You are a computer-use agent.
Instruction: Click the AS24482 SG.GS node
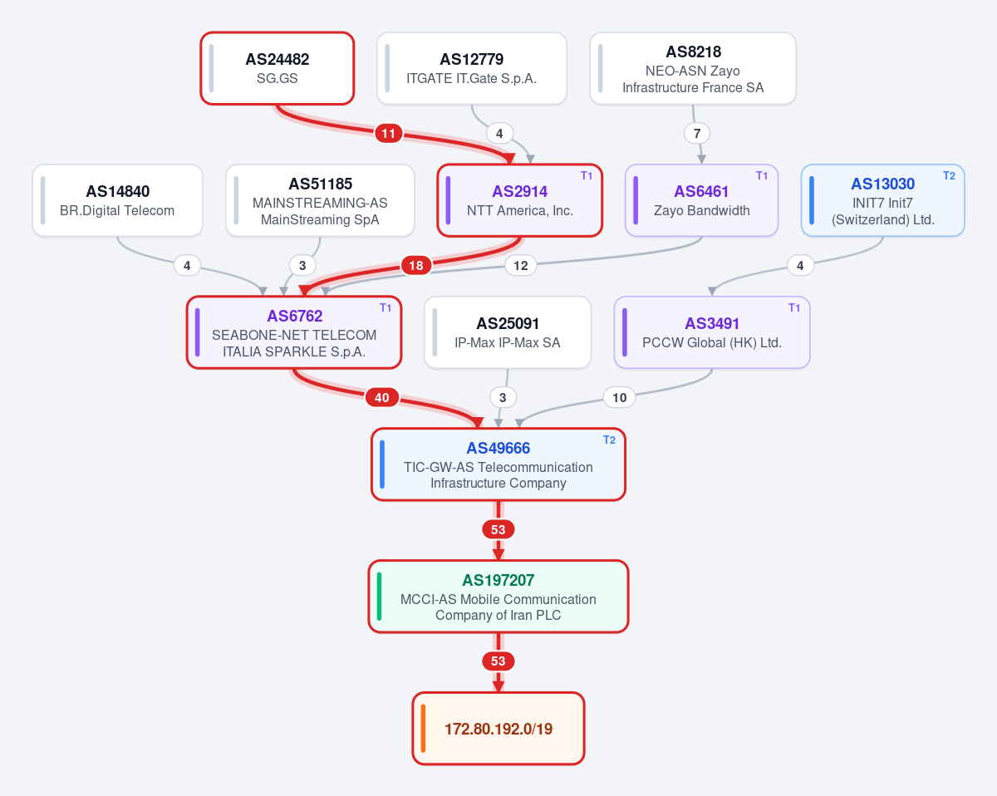click(277, 69)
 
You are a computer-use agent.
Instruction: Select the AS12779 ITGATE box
click(472, 69)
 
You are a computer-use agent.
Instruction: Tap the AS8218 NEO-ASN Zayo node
click(693, 69)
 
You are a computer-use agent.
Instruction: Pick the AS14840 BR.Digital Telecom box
click(117, 200)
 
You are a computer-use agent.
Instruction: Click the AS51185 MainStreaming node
click(320, 200)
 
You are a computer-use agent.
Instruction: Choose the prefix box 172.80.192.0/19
click(498, 729)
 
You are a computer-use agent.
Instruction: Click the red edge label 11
click(388, 134)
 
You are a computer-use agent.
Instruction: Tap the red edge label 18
click(416, 266)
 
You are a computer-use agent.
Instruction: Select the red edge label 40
click(381, 397)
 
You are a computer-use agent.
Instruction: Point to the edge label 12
click(520, 266)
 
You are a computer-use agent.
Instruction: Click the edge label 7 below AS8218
click(697, 134)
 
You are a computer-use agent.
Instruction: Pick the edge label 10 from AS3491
click(620, 397)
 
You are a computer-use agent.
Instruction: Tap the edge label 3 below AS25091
click(503, 397)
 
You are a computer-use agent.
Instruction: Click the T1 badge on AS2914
click(587, 175)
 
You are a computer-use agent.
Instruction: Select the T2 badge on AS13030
click(949, 175)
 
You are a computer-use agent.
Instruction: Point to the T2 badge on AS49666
click(609, 440)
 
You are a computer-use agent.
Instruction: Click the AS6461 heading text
click(701, 191)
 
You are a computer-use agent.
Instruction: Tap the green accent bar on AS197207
click(380, 597)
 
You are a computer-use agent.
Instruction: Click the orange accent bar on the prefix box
click(423, 729)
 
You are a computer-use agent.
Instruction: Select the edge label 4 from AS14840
click(187, 266)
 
